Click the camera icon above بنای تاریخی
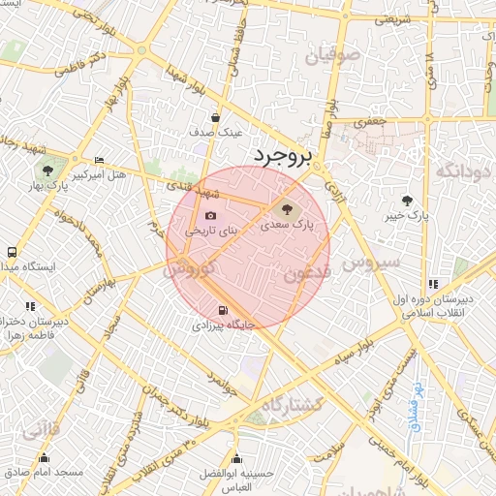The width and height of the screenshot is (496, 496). click(210, 216)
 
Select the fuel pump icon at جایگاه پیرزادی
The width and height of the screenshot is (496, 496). click(224, 311)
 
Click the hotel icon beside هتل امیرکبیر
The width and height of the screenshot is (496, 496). click(99, 161)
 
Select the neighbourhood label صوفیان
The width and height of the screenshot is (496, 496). click(331, 56)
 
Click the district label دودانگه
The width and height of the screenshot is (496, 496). click(462, 170)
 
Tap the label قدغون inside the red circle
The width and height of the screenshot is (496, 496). click(307, 274)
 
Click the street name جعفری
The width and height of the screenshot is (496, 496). click(370, 123)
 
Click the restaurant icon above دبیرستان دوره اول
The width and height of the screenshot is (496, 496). click(432, 284)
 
